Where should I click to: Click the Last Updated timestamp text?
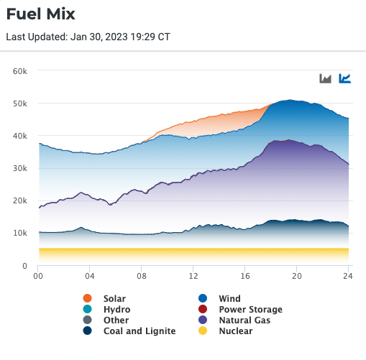point(88,37)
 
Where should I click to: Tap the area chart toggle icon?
point(326,78)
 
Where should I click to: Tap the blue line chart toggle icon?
point(345,78)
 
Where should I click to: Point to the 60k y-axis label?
point(20,71)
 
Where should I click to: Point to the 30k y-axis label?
point(20,169)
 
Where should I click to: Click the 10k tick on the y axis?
point(20,234)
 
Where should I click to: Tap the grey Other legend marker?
point(88,320)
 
